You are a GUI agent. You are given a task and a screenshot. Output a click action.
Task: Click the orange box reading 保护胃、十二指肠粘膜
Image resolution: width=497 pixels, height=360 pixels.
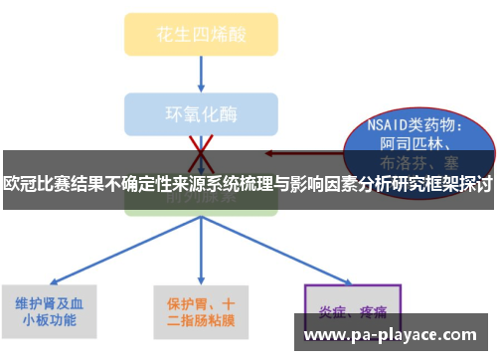(200, 311)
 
